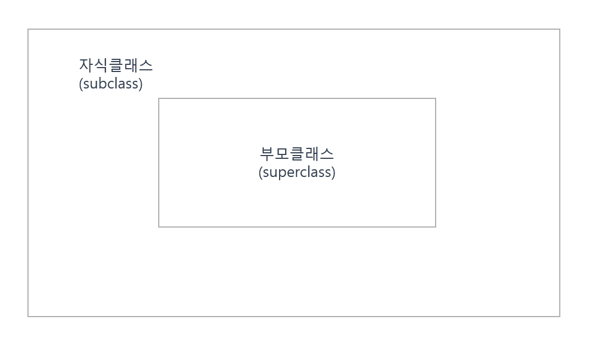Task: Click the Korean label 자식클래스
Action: (x=116, y=65)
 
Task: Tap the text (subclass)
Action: (x=110, y=84)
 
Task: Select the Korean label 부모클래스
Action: (x=297, y=154)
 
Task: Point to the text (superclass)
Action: (x=297, y=172)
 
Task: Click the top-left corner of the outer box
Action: (x=28, y=29)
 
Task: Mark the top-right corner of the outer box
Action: (x=560, y=29)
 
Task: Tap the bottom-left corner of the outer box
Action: (x=28, y=317)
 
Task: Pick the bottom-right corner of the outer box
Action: (x=560, y=317)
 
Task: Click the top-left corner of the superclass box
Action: (x=159, y=98)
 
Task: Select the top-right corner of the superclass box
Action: (x=436, y=98)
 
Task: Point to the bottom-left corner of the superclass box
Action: (x=159, y=226)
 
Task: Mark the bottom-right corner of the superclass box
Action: (x=436, y=226)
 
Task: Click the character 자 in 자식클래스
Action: (x=86, y=65)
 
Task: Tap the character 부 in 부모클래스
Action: (x=267, y=154)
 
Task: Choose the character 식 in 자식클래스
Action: (x=101, y=65)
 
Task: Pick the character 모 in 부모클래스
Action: (x=282, y=154)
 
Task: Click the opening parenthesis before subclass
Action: (x=81, y=85)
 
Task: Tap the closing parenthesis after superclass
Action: (x=333, y=173)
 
